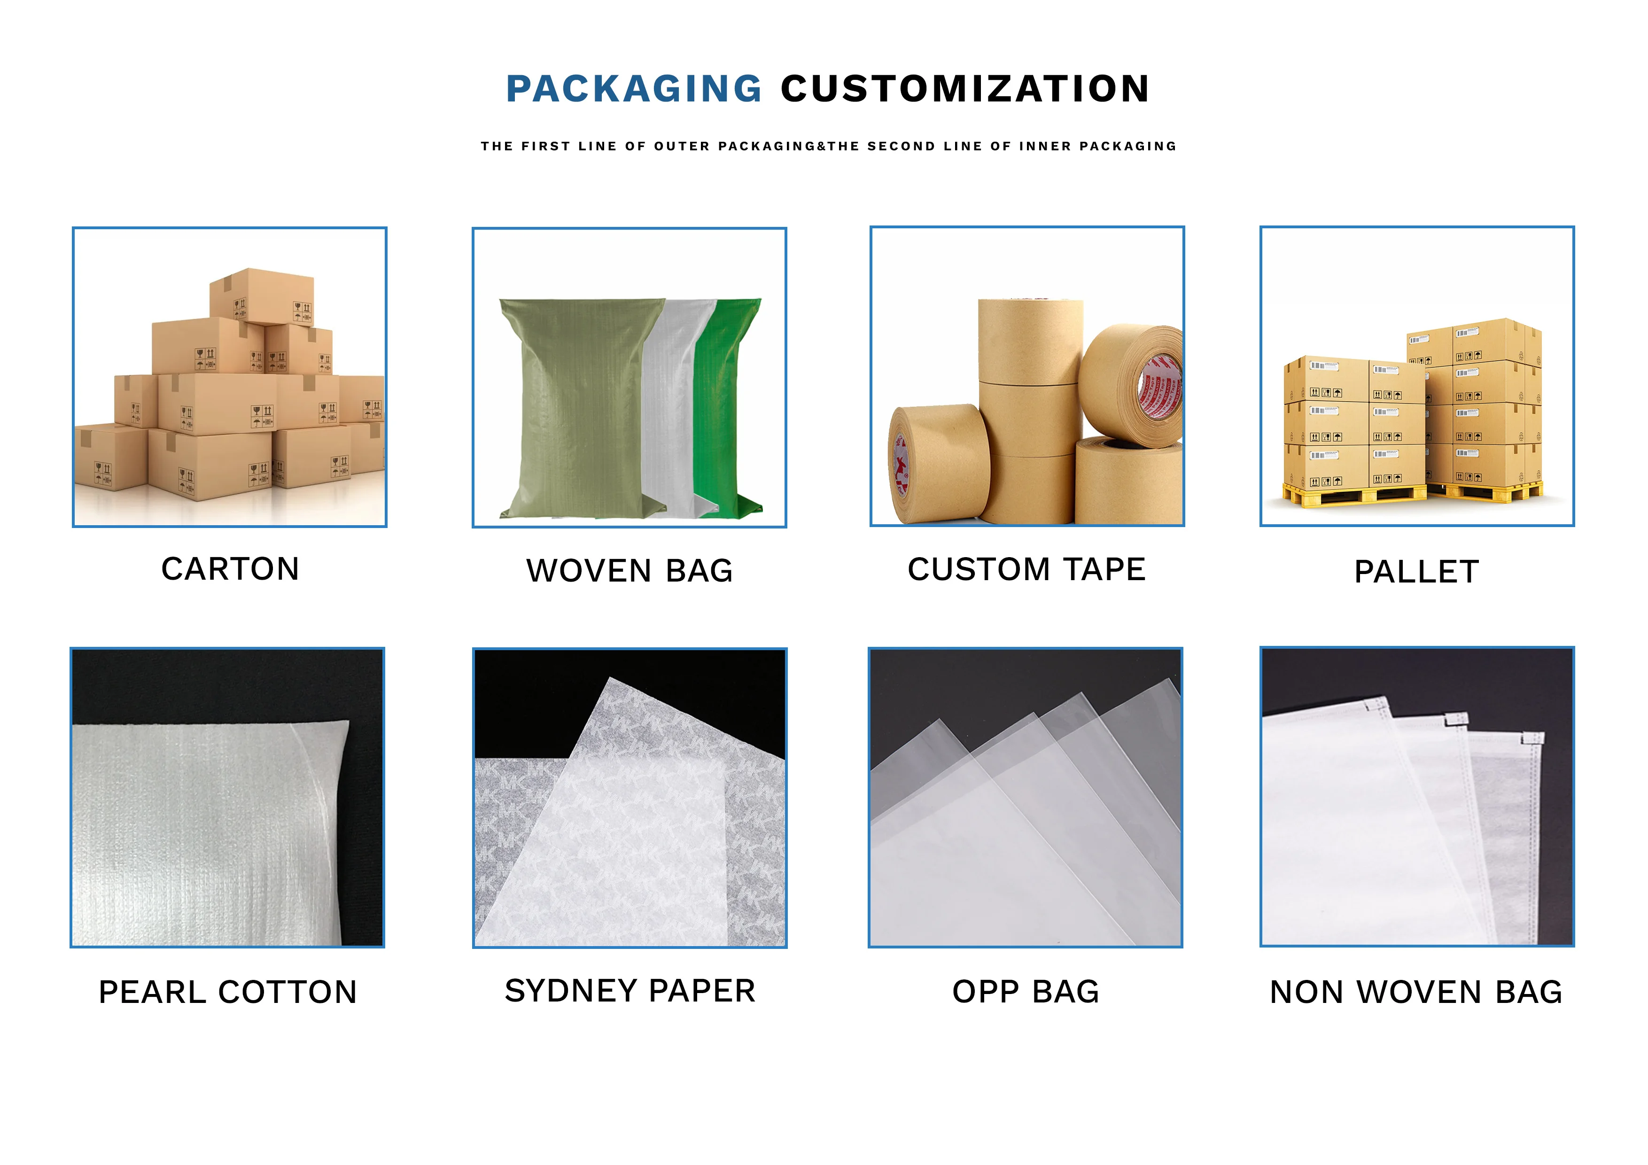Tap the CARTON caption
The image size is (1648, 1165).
[x=230, y=569]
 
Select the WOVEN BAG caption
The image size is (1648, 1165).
[x=630, y=571]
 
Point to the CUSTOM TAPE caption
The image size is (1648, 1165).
[x=1026, y=570]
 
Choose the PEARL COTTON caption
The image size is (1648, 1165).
[x=227, y=992]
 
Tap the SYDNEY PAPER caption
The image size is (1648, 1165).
[x=630, y=991]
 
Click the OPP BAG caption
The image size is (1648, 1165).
[x=1026, y=992]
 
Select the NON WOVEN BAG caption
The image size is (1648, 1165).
[x=1416, y=992]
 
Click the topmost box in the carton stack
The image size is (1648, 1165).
[x=262, y=296]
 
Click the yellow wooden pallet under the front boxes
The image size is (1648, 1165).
[x=1353, y=495]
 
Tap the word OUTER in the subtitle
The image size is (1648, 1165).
[x=681, y=147]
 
